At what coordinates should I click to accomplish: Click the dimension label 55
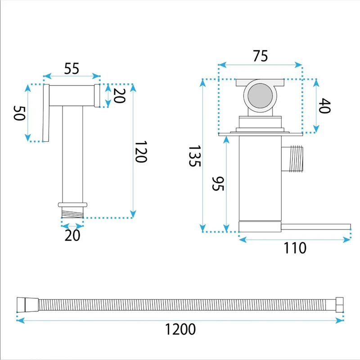click(72, 68)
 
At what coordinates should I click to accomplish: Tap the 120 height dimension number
click(141, 152)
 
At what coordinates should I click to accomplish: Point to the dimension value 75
click(261, 56)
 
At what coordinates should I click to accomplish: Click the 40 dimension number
click(324, 106)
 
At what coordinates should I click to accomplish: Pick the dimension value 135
click(195, 156)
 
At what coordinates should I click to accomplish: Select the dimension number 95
click(218, 184)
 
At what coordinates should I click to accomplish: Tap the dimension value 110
click(295, 248)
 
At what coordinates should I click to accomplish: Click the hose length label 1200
click(180, 329)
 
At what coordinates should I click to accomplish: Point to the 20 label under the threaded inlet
click(72, 235)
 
